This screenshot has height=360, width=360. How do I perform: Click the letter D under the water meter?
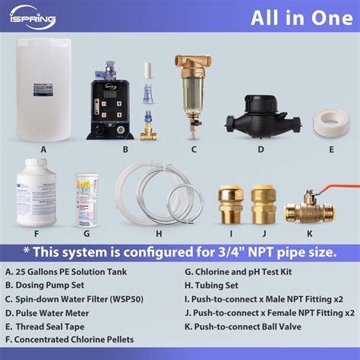point(261,149)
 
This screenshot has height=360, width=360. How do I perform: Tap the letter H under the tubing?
point(158,234)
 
